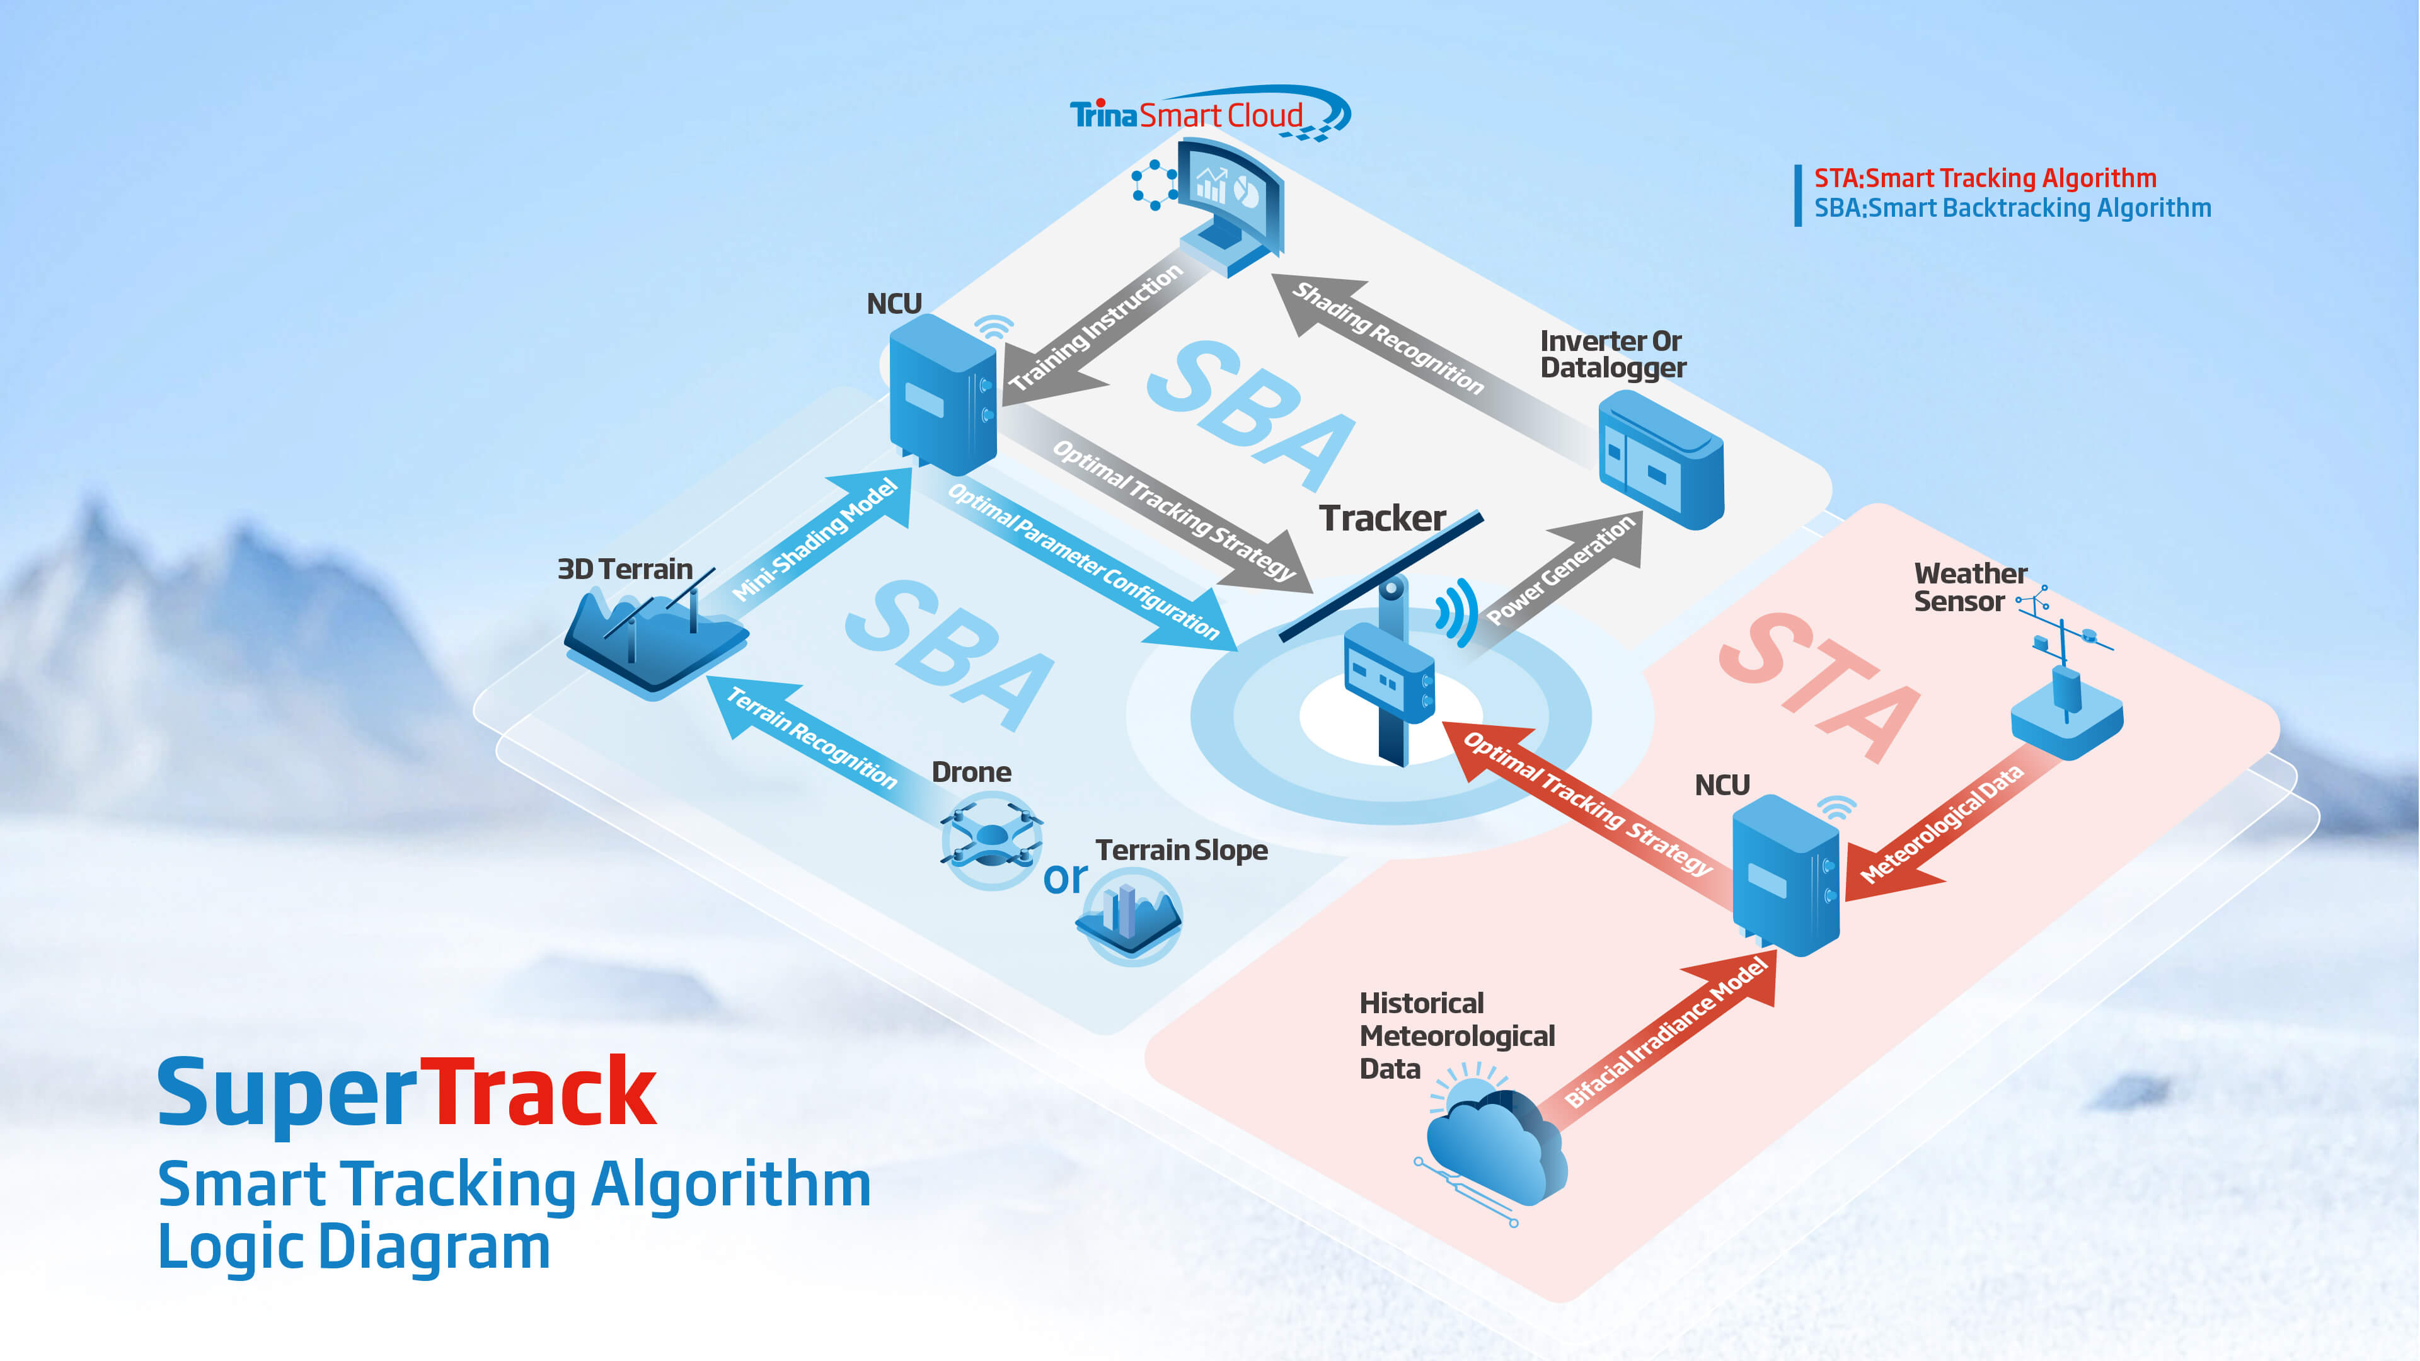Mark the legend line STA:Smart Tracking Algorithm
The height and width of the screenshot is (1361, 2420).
click(x=1984, y=178)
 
